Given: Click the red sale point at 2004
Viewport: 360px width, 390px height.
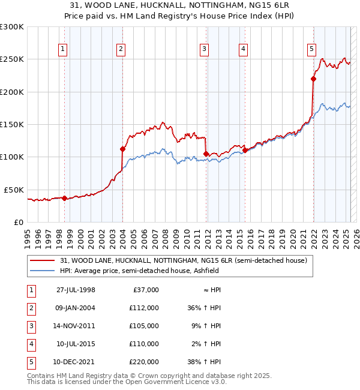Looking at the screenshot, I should [x=122, y=149].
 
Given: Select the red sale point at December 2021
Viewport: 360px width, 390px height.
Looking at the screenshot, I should [x=313, y=79].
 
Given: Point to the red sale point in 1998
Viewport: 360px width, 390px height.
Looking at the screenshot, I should [x=64, y=198].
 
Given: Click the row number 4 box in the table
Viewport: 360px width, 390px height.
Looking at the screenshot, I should [x=30, y=344].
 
